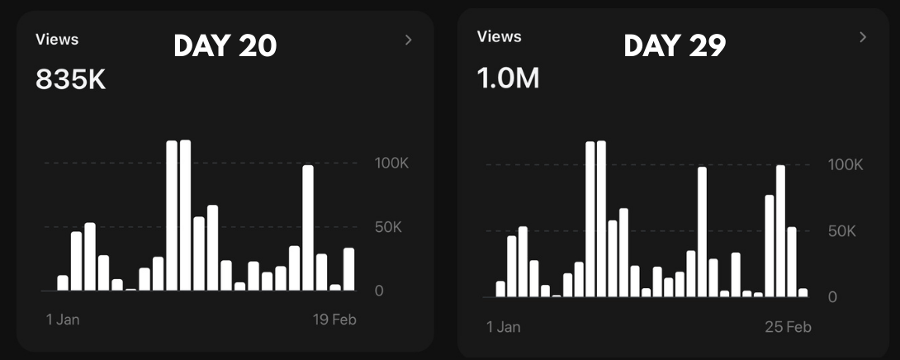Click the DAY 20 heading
225,46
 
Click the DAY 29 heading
675,46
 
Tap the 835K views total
70,80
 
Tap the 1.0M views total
508,78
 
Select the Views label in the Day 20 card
57,40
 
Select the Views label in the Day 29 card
500,36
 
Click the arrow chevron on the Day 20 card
408,40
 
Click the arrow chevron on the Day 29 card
863,37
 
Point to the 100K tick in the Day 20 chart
391,163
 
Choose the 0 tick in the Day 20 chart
379,291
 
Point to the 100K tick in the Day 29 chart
845,165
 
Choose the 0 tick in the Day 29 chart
833,296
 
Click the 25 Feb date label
787,327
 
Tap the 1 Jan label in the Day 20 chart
62,320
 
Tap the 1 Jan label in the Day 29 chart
504,327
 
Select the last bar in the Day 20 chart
348,269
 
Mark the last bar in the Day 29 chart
803,292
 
